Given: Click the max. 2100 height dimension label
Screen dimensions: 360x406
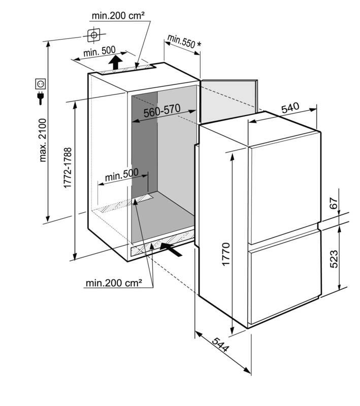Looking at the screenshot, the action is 43,140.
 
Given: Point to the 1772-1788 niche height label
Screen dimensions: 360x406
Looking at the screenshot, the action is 68,168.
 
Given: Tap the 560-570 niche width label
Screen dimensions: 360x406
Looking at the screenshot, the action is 162,111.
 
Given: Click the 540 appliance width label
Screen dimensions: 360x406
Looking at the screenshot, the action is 290,108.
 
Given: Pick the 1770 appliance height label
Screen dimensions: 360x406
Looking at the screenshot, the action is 226,254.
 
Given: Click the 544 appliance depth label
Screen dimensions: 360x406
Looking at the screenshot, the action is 221,345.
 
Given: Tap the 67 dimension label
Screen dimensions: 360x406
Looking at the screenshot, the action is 334,204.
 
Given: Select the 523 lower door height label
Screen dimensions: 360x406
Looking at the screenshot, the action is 334,259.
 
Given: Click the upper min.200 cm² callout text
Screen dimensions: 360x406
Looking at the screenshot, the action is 118,16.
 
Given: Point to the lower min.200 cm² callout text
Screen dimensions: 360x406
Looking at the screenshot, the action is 114,283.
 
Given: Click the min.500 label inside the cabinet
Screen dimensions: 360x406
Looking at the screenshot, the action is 122,175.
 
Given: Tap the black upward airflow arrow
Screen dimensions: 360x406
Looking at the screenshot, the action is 115,62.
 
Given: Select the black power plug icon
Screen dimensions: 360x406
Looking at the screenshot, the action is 41,98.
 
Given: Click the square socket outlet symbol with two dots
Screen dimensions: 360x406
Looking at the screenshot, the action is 41,84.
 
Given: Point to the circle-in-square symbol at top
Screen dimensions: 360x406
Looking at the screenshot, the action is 94,35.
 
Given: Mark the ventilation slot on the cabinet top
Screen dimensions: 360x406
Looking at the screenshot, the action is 126,69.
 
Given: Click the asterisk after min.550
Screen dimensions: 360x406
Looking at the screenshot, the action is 199,44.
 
